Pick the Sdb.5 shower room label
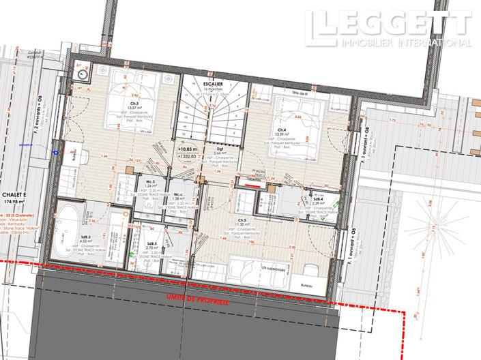point(151,243)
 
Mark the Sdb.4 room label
point(318,199)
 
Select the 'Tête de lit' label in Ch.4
point(294,93)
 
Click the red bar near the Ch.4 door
point(252,183)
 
